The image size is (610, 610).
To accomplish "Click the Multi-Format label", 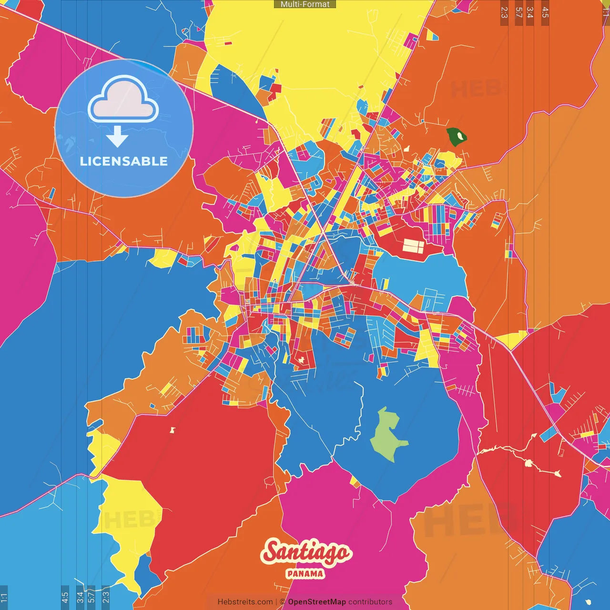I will [305, 4].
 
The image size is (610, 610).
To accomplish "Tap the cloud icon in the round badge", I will [123, 99].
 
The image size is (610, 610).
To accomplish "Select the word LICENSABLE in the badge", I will [124, 161].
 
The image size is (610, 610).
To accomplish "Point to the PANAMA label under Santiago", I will [305, 574].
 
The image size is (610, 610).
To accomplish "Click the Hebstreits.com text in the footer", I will [245, 602].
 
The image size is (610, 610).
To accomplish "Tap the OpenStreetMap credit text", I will [316, 602].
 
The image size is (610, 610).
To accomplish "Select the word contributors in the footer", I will [370, 602].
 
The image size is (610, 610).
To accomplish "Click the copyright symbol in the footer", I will [282, 602].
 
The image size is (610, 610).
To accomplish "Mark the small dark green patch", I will [457, 137].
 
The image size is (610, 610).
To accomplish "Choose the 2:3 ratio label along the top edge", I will [504, 12].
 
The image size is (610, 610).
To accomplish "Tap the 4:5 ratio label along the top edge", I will [545, 12].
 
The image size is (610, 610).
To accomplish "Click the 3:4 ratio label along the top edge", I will [530, 12].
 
